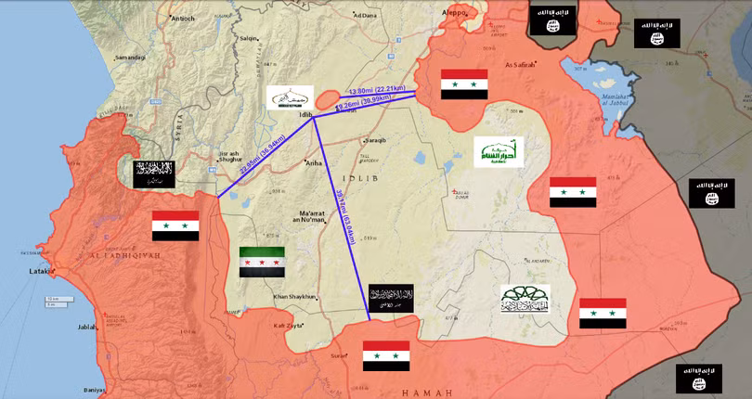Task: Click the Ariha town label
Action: pyautogui.click(x=314, y=162)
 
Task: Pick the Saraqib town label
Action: pyautogui.click(x=372, y=139)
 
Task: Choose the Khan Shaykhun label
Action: pyautogui.click(x=295, y=297)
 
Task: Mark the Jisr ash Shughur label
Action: pyautogui.click(x=235, y=156)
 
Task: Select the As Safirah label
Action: pyautogui.click(x=522, y=65)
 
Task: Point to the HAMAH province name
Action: pyautogui.click(x=426, y=393)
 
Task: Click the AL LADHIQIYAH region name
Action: pyautogui.click(x=125, y=253)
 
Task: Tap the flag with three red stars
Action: pyautogui.click(x=263, y=263)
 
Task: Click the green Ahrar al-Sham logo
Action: pyautogui.click(x=499, y=152)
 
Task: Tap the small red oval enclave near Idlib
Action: pyautogui.click(x=329, y=97)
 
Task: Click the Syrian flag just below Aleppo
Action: pyautogui.click(x=464, y=84)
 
